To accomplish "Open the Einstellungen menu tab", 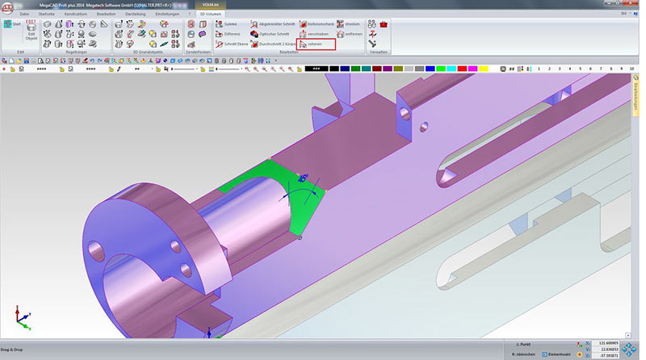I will click(167, 14).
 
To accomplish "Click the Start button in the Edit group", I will click(12, 26).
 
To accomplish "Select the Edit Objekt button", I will click(31, 33).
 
